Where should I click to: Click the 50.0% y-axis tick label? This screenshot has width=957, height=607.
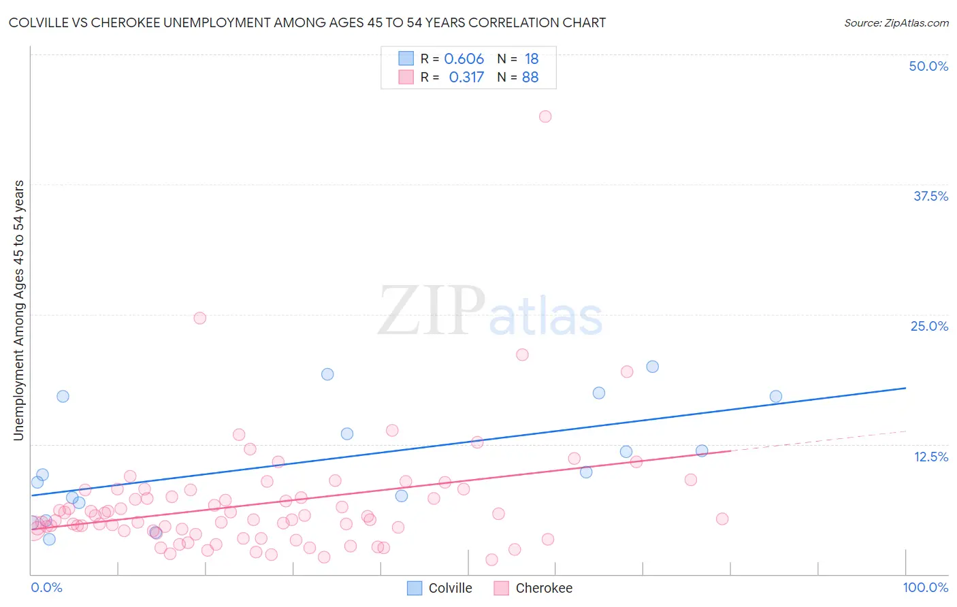(x=928, y=66)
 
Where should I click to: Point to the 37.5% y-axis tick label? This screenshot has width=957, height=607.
(x=930, y=196)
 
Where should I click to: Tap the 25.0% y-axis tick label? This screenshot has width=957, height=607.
(x=929, y=326)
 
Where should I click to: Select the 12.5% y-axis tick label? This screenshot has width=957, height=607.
(x=930, y=457)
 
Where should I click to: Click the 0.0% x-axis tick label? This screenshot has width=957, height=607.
(x=46, y=587)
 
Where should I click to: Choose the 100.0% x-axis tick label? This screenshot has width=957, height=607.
(x=925, y=587)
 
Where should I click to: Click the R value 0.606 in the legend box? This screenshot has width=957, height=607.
(x=464, y=59)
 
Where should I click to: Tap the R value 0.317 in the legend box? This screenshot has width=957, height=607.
(x=466, y=78)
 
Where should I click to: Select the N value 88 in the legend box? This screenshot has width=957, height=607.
(x=530, y=78)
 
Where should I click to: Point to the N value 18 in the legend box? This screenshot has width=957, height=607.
(x=532, y=59)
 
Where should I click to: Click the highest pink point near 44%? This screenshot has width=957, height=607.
(x=545, y=116)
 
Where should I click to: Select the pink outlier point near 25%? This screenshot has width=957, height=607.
(x=199, y=318)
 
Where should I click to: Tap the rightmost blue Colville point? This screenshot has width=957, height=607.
(x=776, y=396)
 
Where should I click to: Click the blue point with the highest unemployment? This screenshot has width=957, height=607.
(x=652, y=366)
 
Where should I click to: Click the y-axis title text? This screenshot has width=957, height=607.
(x=18, y=310)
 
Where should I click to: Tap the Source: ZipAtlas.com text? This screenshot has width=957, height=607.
(x=896, y=23)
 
